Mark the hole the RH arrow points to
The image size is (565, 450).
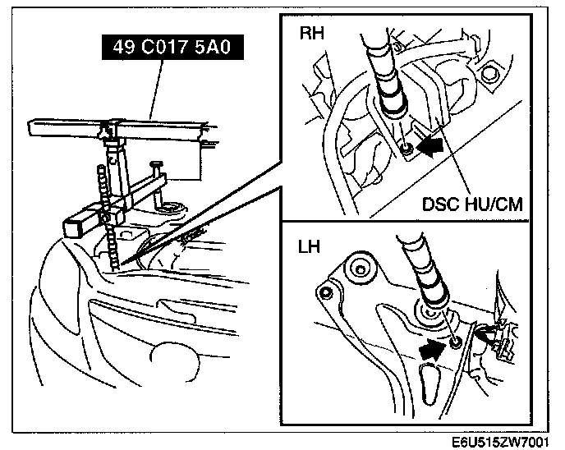tap(407, 149)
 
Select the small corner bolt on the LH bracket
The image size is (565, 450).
tap(327, 292)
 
